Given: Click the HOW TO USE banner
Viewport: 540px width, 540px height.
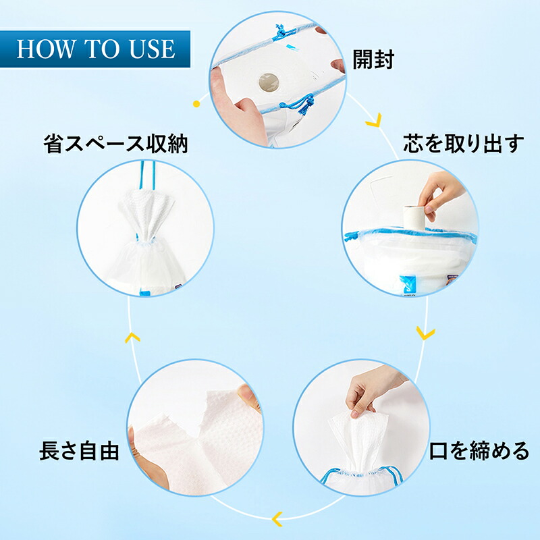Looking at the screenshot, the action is (95, 49).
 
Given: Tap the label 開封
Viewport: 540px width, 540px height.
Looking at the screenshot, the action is (373, 59).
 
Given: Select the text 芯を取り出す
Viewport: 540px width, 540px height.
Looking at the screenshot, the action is (464, 144).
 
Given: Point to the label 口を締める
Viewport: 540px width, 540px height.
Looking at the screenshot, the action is (479, 451).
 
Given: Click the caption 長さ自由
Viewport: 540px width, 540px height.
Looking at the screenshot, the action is (79, 451).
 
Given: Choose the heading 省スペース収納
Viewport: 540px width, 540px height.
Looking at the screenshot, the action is (115, 144).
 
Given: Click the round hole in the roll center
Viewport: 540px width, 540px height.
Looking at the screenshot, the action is (269, 82).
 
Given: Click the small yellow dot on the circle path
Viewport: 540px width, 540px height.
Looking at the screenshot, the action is (196, 104).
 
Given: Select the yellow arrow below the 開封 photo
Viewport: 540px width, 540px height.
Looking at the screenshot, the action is (375, 120).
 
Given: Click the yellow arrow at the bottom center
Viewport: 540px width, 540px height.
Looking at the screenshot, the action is (277, 519).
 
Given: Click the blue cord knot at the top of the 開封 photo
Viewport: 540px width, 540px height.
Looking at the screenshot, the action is (281, 33).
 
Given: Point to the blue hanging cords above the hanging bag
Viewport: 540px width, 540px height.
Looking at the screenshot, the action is (147, 175).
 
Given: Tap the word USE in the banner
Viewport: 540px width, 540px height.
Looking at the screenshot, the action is (152, 49).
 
